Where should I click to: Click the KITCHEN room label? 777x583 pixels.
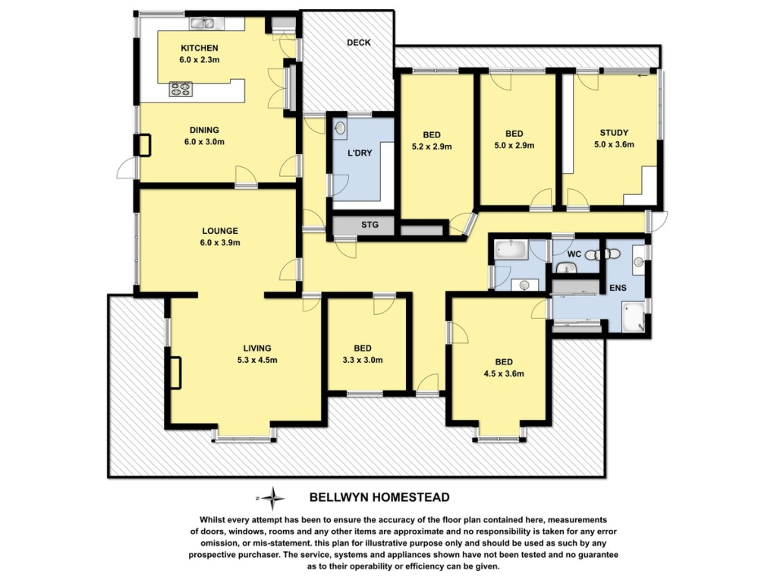coord(200,48)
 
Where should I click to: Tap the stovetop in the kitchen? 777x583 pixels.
coord(181,89)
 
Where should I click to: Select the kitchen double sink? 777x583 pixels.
coord(201,23)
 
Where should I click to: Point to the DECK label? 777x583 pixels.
coord(359,43)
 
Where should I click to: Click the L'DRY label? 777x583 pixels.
coord(360,153)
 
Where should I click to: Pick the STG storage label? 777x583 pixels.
coord(370,225)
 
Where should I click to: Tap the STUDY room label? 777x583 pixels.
coord(614,133)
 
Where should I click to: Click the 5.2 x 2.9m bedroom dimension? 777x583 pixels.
coord(432,147)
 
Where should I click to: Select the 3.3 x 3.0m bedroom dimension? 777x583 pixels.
coord(363,361)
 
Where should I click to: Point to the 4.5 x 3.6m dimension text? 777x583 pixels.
coord(504,373)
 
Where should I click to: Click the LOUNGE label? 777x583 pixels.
coord(220,231)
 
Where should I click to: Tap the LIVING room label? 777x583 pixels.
coord(257,348)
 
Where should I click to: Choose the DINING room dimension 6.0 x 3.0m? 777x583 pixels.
coord(204,142)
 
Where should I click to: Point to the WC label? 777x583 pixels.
coord(574,254)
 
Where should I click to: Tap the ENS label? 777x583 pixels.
coord(618,288)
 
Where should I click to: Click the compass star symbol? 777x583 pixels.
coord(273,498)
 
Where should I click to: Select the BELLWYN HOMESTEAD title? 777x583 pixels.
coord(379,497)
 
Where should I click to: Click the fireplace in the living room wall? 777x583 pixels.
coord(175,373)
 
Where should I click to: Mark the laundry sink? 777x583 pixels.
coord(341,128)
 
